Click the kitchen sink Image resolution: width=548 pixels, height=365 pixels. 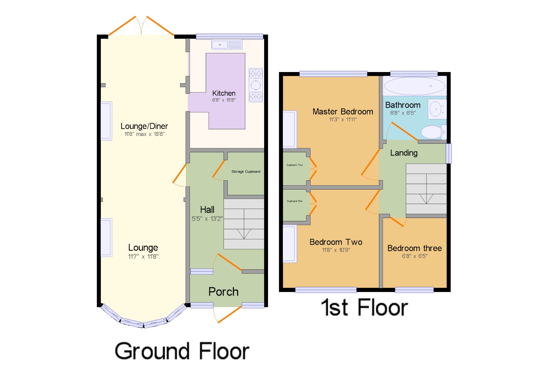click(227, 45)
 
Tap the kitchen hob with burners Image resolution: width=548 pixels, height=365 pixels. click(256, 85)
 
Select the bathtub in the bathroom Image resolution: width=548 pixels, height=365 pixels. click(415, 86)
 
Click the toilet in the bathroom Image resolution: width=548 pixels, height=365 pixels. click(434, 132)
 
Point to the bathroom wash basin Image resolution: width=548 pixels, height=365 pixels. click(437, 109)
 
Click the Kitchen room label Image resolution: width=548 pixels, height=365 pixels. click(224, 93)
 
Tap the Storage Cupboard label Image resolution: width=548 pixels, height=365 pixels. click(246, 172)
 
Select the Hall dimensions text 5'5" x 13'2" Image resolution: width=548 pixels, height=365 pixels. click(207, 219)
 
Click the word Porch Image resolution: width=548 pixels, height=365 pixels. click(223, 292)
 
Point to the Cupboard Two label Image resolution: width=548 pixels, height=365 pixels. click(295, 165)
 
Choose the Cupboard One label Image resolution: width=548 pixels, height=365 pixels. click(295, 201)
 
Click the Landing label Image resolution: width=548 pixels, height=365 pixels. click(404, 153)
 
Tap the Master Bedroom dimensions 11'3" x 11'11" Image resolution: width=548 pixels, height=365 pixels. click(343, 119)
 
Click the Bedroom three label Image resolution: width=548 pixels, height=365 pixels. click(415, 248)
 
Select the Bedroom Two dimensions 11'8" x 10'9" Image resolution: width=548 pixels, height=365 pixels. click(336, 250)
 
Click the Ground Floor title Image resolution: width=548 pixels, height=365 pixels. click(182, 351)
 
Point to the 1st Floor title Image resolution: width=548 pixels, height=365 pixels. click(364, 307)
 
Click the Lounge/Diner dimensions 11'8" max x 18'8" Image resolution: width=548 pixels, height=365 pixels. click(144, 134)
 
